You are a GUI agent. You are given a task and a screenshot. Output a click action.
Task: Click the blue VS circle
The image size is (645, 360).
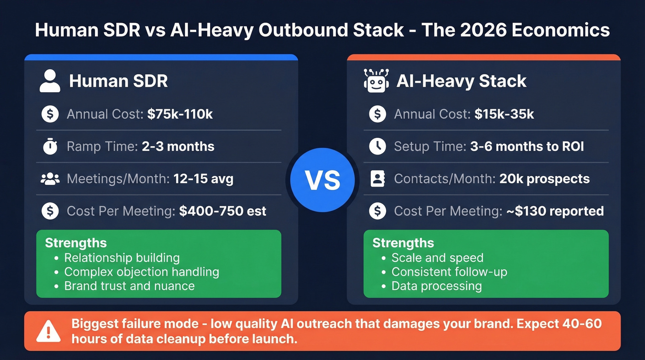coord(322,180)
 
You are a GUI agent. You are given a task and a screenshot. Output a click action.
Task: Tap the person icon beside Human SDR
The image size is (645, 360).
coord(50,81)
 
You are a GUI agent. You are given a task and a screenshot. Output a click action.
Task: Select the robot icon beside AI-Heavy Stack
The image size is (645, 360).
coord(376,81)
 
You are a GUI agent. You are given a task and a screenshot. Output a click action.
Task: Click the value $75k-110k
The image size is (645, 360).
coord(180,114)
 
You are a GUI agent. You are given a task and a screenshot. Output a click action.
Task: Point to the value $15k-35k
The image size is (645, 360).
coord(504,114)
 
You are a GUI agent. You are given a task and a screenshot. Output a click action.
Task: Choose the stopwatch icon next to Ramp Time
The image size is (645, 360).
coord(50,147)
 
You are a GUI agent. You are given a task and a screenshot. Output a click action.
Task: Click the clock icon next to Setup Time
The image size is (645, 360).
coord(377,147)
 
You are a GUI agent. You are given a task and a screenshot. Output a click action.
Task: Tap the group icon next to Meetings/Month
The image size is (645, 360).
coord(50,179)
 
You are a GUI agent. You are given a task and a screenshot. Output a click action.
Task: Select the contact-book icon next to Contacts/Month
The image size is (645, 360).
coord(377,179)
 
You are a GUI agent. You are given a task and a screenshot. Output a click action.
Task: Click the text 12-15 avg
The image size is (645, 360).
coord(203,179)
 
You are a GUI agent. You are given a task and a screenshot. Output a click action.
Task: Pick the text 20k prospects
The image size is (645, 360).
coord(545,179)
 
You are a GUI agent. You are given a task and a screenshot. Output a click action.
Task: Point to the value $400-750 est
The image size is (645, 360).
coord(223,211)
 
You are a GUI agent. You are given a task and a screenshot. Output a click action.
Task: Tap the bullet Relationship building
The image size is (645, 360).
coord(122,258)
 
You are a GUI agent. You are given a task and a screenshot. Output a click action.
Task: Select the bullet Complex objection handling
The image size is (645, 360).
coord(141,272)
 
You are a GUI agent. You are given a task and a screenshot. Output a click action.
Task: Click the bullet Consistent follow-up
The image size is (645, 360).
coord(449,272)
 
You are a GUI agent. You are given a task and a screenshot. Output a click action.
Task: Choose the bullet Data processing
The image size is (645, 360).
coord(436,286)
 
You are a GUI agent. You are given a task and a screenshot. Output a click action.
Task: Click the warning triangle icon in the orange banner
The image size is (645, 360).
coord(48,331)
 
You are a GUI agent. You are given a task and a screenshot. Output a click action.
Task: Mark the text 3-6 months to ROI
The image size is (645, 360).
coord(527,147)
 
